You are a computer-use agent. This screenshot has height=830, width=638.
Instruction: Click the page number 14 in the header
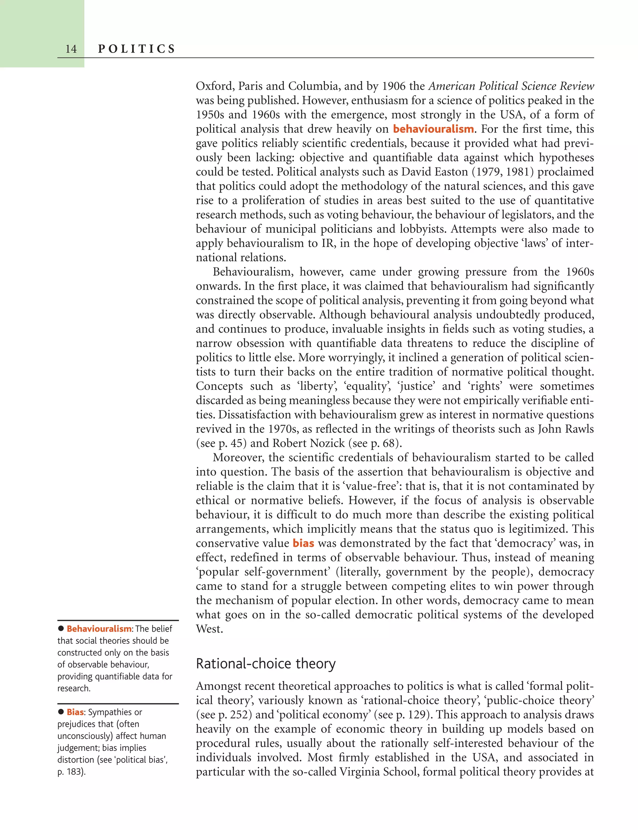[x=71, y=49]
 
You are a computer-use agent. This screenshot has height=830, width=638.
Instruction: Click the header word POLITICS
[x=137, y=49]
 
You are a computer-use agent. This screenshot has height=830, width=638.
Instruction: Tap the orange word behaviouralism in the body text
[x=433, y=129]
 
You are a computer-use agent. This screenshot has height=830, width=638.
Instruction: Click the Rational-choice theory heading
[x=265, y=664]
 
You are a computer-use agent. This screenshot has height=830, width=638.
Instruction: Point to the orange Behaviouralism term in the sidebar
[x=99, y=629]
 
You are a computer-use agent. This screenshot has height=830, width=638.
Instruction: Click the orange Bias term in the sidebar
[x=75, y=712]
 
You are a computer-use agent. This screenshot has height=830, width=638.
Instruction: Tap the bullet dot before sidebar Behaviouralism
[x=61, y=628]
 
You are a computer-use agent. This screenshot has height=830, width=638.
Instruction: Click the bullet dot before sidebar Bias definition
[x=61, y=712]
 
